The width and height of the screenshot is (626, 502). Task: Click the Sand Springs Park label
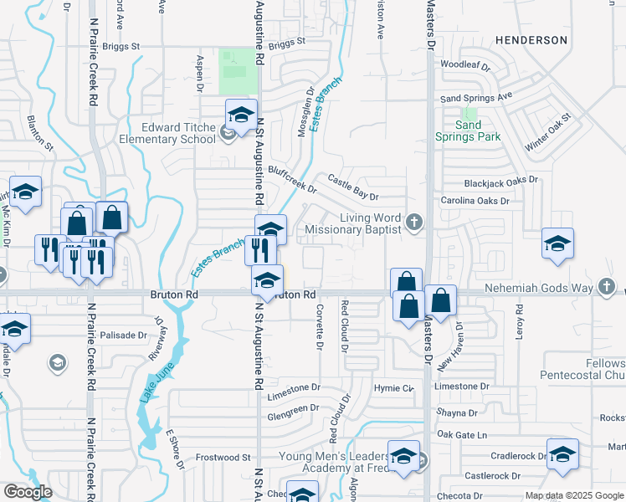(x=468, y=131)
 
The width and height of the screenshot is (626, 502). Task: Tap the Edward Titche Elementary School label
(x=167, y=133)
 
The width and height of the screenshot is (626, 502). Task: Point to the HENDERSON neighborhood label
(x=531, y=39)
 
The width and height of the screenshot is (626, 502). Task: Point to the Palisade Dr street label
(x=123, y=335)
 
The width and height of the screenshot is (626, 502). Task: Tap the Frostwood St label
(x=223, y=458)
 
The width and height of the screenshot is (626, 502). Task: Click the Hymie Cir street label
(x=393, y=388)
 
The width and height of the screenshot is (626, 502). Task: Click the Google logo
(x=28, y=492)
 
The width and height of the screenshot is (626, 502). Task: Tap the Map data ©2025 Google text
(x=573, y=495)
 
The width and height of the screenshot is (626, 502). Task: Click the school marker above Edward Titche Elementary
(x=241, y=116)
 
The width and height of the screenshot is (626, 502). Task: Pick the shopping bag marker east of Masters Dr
(x=441, y=300)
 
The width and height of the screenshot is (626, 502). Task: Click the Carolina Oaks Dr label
(x=475, y=201)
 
